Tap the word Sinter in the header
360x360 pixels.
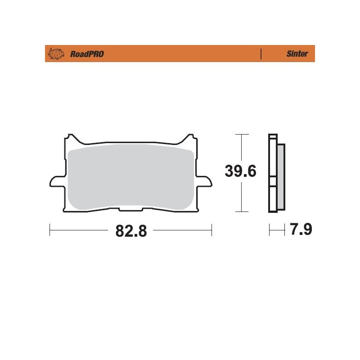297,54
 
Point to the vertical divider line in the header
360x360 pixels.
261,54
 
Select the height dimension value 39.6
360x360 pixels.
241,171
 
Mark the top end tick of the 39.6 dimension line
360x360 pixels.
242,134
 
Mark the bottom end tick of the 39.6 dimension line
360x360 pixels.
242,211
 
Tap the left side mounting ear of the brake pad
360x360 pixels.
55,182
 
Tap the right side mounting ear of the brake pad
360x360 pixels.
205,182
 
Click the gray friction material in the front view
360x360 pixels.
130,175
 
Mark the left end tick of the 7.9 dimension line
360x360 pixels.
269,230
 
